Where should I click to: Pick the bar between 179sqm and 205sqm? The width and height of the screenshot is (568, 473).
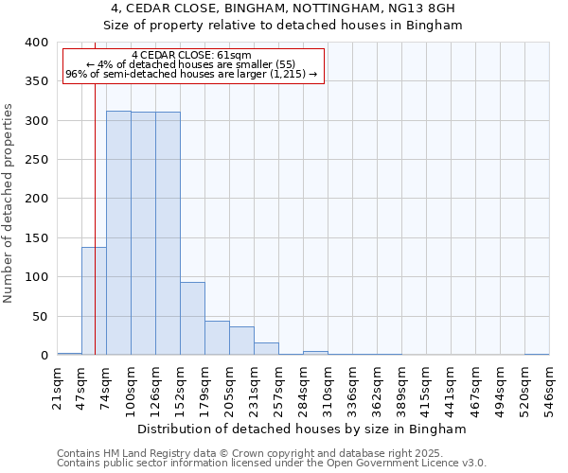[217, 338]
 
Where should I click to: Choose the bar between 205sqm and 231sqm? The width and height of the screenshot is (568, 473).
[241, 341]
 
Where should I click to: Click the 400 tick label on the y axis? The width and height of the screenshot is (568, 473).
[37, 43]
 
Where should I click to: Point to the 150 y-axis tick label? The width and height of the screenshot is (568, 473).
[37, 238]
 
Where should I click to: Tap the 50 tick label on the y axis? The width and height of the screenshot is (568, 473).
[41, 317]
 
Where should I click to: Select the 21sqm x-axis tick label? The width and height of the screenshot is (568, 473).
[58, 388]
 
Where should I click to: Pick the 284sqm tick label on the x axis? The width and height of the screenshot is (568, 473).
[304, 388]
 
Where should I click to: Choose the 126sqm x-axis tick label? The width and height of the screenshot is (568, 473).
[156, 388]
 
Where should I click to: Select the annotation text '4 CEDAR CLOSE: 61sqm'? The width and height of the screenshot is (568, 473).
[192, 56]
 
